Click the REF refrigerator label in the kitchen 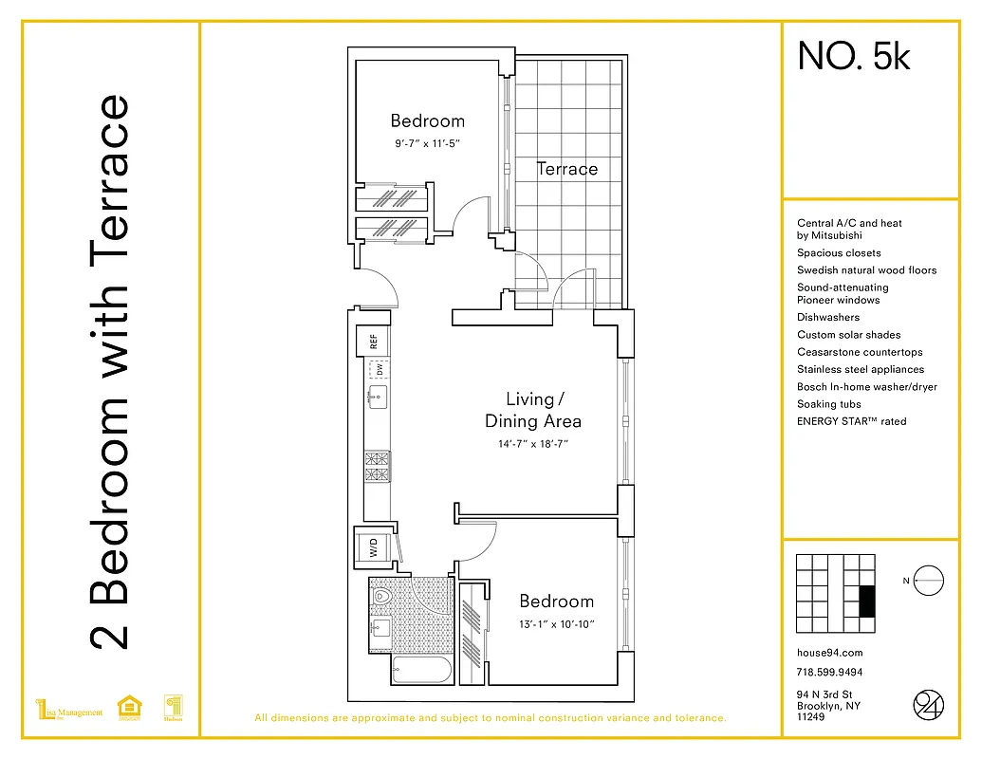(374, 341)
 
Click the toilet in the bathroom (384, 599)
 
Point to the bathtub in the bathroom (421, 671)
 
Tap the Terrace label (567, 169)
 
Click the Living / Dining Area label (532, 410)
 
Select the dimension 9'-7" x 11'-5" (429, 145)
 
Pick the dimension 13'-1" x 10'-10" (556, 624)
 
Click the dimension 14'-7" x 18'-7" (532, 443)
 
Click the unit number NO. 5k (854, 57)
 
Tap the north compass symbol (930, 580)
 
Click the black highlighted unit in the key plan (865, 602)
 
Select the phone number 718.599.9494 (829, 673)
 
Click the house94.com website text (830, 653)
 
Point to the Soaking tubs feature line (829, 404)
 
